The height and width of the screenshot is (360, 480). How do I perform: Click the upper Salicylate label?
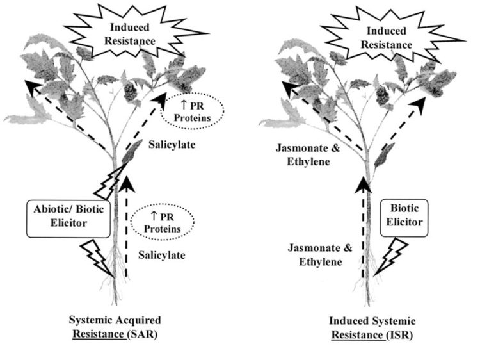click(168, 145)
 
